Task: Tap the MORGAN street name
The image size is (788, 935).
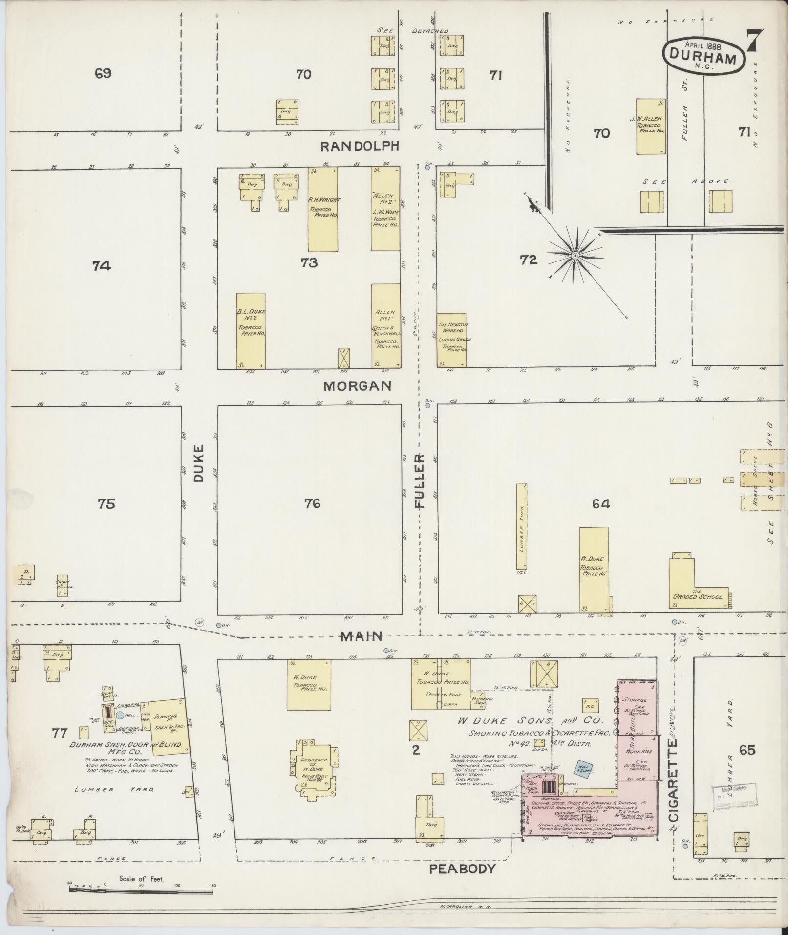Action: pos(364,386)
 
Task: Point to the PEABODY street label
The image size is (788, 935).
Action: pos(462,869)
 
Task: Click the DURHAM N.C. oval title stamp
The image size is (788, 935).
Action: pos(703,58)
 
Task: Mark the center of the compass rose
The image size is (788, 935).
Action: pos(575,255)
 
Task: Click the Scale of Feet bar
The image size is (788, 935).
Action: pos(141,891)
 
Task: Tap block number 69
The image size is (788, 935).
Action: pos(104,74)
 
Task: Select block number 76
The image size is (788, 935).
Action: pos(312,503)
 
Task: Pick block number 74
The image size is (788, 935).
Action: pos(102,265)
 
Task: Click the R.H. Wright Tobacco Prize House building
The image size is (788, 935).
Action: pos(323,209)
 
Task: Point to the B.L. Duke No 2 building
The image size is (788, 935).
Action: pos(251,330)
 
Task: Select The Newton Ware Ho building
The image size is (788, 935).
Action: pos(451,340)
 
